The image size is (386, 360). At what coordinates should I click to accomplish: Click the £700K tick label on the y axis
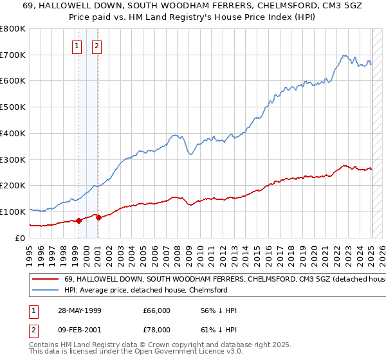click(x=13, y=55)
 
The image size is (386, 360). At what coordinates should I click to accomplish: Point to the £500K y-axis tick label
click(x=13, y=107)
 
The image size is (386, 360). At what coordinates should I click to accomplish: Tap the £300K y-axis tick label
click(x=13, y=159)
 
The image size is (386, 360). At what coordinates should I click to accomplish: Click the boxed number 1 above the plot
click(x=77, y=46)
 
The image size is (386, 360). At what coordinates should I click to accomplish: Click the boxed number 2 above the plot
click(x=97, y=46)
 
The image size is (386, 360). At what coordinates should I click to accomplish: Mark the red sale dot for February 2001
click(x=98, y=217)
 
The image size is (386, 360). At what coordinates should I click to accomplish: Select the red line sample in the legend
click(x=46, y=280)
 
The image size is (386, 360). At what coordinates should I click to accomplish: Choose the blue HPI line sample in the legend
click(x=46, y=291)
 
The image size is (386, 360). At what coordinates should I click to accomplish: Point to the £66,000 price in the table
click(x=157, y=310)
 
